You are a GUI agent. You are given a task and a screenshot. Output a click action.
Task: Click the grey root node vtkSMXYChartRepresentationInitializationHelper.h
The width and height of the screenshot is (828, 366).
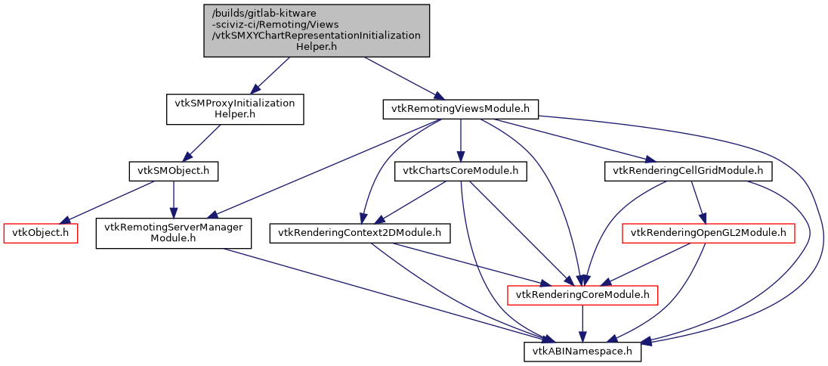pos(317,30)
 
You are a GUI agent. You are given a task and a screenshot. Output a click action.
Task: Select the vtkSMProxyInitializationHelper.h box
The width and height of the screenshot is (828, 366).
pos(234,109)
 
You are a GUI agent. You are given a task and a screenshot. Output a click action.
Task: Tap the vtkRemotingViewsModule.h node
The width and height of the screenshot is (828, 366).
pos(460,109)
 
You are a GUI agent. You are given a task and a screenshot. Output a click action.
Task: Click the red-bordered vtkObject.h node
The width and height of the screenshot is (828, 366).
pos(41,233)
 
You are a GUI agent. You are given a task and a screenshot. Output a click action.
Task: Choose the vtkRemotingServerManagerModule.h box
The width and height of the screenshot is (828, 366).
pos(173,233)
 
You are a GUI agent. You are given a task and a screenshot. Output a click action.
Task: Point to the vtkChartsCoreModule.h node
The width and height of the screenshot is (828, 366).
pos(460,172)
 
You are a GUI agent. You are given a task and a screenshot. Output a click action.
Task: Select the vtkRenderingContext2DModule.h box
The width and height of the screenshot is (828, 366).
pos(360,233)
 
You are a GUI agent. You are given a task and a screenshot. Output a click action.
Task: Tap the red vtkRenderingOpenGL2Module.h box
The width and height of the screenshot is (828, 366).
pos(707,233)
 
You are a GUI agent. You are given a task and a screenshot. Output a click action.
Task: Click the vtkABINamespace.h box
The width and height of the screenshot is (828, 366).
pos(582,352)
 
